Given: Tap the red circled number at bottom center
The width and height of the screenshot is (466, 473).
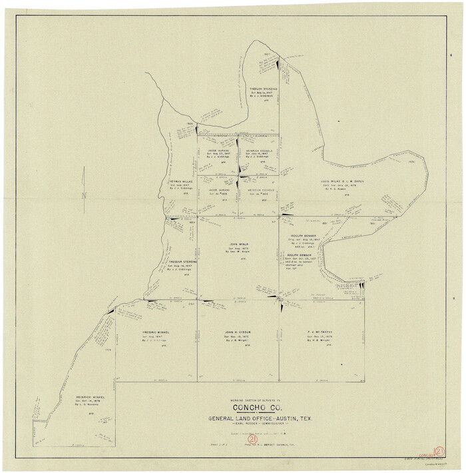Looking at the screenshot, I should click(x=252, y=440).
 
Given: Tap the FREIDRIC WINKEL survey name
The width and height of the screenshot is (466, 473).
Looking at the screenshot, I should click(x=158, y=332).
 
